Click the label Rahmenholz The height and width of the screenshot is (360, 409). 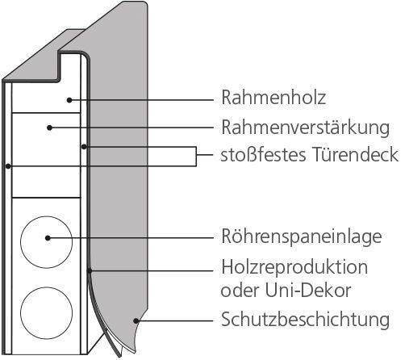coord(273,97)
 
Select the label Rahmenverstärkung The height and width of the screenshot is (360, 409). coord(305,128)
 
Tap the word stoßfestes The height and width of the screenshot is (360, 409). coord(263,154)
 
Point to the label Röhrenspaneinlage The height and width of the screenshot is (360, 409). coord(302,237)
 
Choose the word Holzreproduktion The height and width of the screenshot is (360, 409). coord(294,267)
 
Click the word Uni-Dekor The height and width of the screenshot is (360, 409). coord(308,291)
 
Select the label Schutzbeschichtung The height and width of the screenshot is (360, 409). coord(305,320)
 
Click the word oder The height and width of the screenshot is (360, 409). coord(240,291)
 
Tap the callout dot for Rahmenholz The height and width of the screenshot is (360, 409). coord(69,100)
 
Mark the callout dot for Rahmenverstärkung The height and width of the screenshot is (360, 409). coord(49,128)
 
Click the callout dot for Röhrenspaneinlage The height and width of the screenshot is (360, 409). coord(48,238)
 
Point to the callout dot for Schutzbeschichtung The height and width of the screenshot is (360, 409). coord(136,320)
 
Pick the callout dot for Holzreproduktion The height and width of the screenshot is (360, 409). coord(90,270)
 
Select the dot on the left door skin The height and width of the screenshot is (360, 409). coord(8,166)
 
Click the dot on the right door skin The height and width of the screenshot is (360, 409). coord(84,147)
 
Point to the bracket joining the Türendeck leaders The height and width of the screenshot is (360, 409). coord(196,156)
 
